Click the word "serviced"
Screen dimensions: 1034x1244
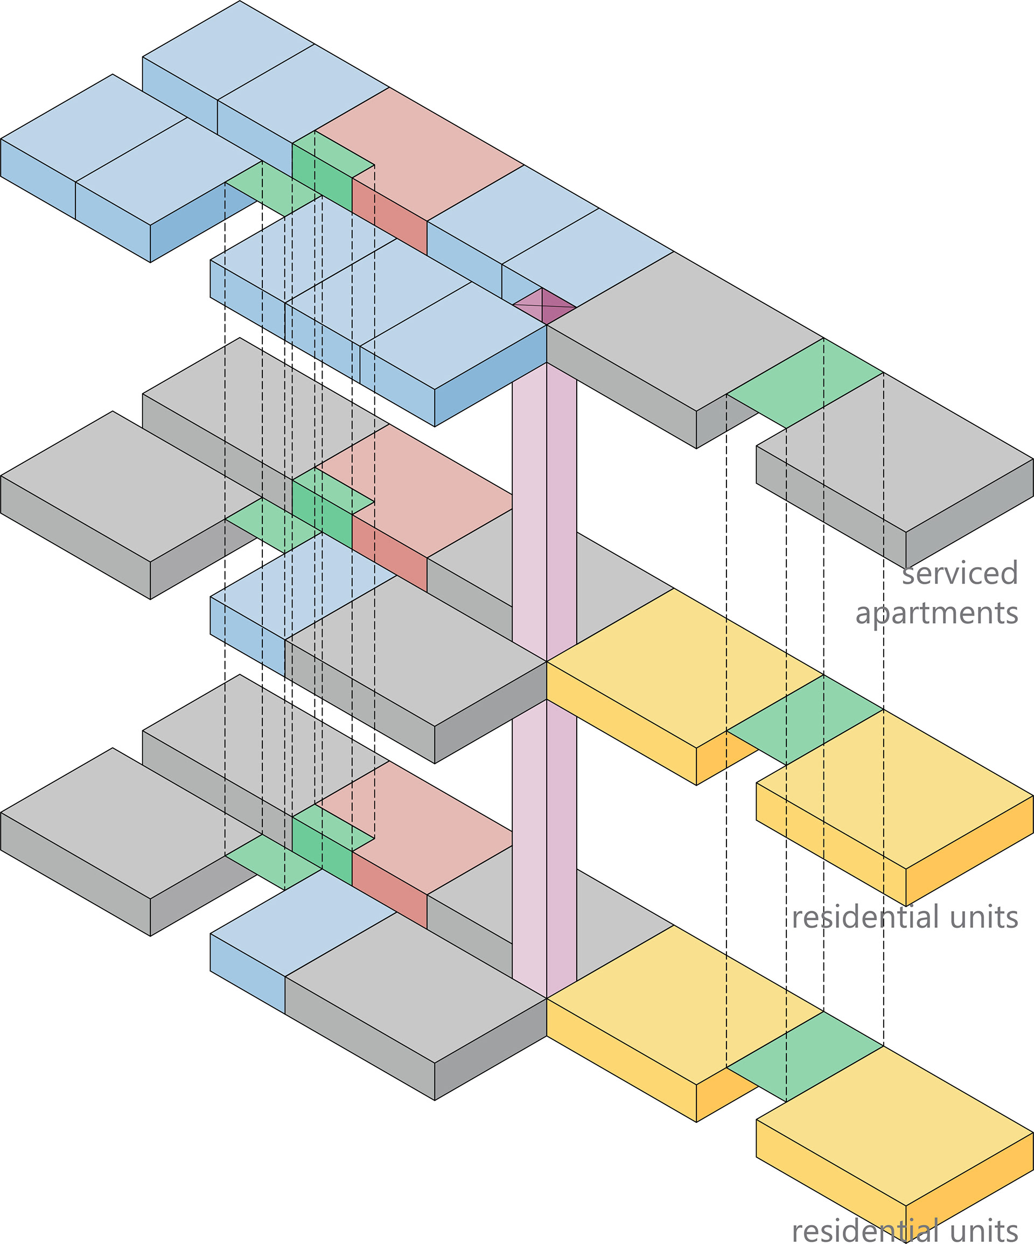click(x=960, y=573)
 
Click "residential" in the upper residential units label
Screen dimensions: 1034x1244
click(x=866, y=917)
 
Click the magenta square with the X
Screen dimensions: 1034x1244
click(x=544, y=306)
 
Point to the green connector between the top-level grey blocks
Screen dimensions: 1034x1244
click(x=805, y=383)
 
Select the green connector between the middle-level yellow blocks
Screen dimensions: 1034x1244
click(x=805, y=719)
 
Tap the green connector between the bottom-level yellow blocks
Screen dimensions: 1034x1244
click(x=805, y=1057)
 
